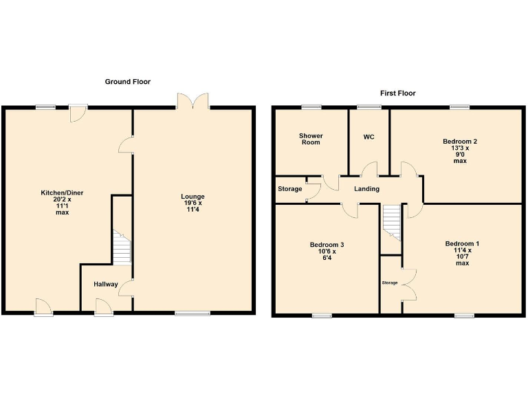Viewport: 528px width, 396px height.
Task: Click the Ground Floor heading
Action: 127,82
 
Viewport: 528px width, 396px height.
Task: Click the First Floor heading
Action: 397,93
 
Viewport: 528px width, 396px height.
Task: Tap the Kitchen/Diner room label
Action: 62,202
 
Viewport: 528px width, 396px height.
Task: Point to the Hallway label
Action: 106,284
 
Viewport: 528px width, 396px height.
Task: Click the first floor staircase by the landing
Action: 391,222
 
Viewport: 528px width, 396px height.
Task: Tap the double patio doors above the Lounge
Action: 193,100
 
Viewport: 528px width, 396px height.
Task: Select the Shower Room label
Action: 311,139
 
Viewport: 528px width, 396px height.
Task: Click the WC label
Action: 368,137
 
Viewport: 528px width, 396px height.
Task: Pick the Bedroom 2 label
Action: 460,151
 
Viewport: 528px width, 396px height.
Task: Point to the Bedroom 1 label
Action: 462,253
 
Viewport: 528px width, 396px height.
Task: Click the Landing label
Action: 367,189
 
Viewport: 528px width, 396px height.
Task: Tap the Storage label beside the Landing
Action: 289,189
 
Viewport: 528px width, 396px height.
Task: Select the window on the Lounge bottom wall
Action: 192,314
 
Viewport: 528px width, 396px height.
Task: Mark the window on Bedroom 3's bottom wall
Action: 321,316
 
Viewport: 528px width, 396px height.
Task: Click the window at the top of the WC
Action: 368,107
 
